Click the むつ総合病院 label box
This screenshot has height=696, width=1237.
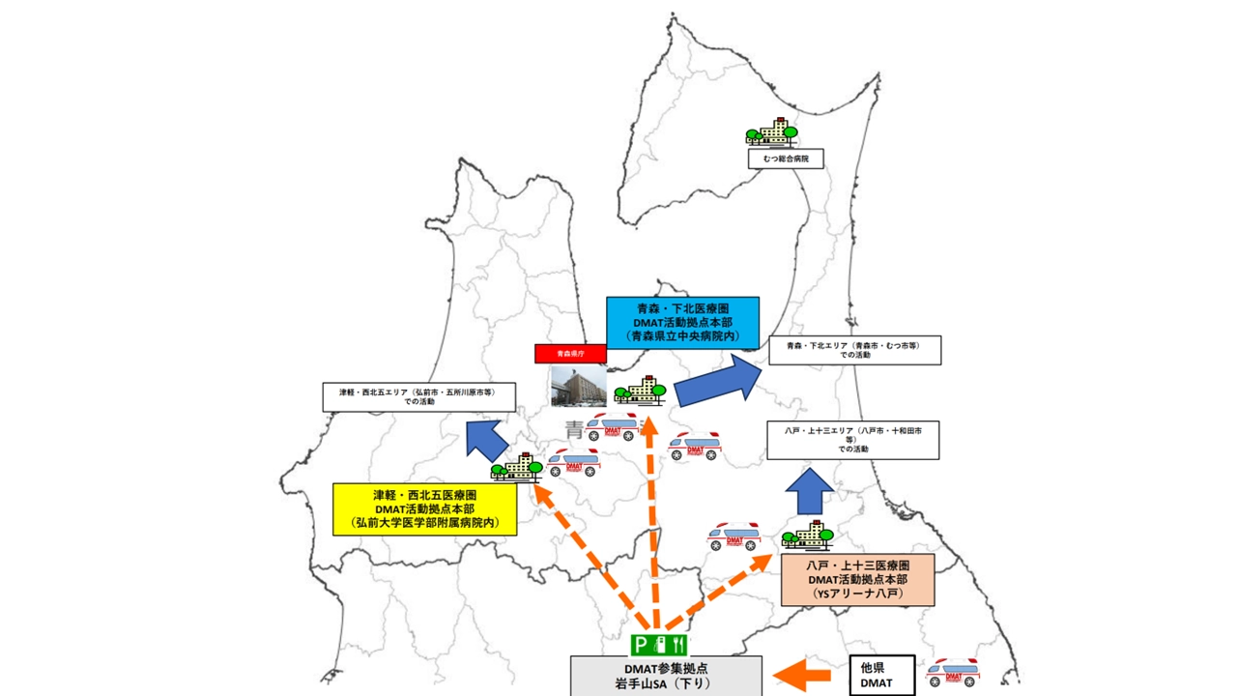click(x=786, y=158)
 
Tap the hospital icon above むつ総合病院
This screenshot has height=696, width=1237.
click(x=771, y=132)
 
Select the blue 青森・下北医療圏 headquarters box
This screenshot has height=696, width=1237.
click(x=682, y=322)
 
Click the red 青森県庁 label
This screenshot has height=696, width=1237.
click(x=570, y=354)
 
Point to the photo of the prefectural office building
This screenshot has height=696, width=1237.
click(x=578, y=386)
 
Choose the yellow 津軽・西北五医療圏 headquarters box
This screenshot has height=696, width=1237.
click(x=424, y=509)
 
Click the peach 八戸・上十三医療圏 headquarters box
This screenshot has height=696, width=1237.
click(x=857, y=580)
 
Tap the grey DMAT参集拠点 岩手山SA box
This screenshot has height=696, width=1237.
click(x=665, y=676)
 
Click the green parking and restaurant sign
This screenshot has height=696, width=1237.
click(x=658, y=644)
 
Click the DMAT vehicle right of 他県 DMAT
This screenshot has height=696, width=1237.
click(x=952, y=672)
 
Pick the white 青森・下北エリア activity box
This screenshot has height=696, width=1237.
click(x=854, y=350)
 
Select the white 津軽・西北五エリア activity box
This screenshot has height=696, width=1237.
click(x=418, y=397)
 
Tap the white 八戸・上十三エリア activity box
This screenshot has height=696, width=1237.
click(x=852, y=440)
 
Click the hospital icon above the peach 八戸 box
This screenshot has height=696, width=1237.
click(x=807, y=535)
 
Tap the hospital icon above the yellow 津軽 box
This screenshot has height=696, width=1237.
click(x=516, y=468)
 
